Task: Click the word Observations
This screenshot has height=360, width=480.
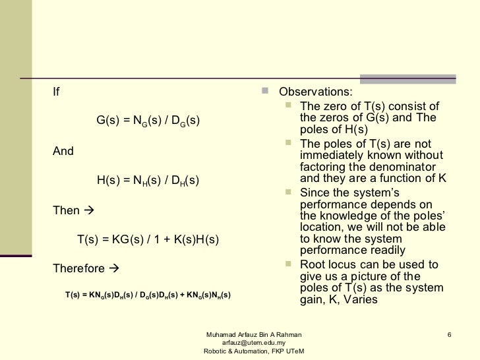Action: point(315,92)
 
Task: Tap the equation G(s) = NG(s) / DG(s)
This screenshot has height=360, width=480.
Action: point(148,123)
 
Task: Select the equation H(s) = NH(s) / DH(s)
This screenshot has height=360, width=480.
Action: point(148,179)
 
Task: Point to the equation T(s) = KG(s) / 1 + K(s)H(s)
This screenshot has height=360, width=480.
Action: point(148,240)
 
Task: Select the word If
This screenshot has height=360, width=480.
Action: point(56,92)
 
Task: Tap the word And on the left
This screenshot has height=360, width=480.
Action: point(63,151)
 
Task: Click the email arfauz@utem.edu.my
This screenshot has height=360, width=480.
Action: point(254,342)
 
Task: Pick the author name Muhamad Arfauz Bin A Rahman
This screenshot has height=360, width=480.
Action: point(254,334)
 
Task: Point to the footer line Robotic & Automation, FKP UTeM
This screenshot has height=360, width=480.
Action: point(254,351)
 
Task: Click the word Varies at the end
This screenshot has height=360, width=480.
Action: point(360,300)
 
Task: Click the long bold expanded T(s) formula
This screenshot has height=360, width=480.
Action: point(148,295)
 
